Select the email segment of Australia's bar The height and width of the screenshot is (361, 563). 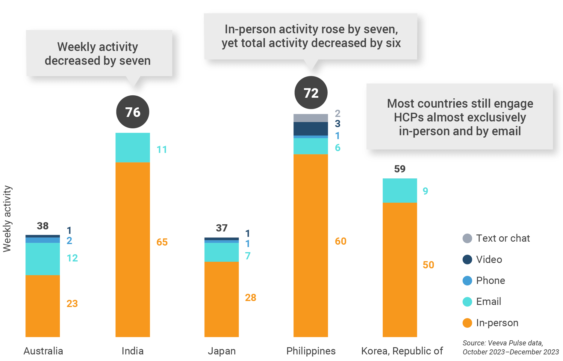[43, 259]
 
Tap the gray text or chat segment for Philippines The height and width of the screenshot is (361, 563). [311, 118]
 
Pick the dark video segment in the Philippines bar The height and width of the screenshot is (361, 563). [311, 129]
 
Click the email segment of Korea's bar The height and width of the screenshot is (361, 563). [399, 190]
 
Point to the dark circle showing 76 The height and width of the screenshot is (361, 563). [133, 112]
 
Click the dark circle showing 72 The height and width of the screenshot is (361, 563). [311, 93]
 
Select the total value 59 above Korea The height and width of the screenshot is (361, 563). [400, 169]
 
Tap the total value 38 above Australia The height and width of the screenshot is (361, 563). [43, 226]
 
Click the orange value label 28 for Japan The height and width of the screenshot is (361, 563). [251, 297]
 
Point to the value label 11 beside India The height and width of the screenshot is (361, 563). [162, 149]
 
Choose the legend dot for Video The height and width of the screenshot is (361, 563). [467, 259]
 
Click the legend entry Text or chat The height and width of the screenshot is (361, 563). [503, 238]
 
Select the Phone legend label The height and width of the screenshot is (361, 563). [491, 280]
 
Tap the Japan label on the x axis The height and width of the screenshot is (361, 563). [222, 351]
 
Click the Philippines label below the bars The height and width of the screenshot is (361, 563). [311, 351]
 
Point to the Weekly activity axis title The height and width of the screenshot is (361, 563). [7, 219]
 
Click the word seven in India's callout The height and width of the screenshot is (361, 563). [135, 61]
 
